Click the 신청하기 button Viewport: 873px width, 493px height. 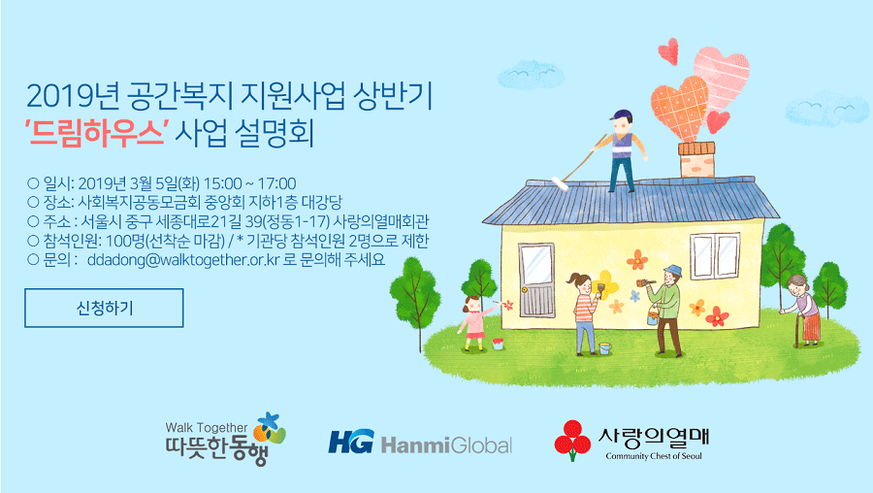click(x=104, y=308)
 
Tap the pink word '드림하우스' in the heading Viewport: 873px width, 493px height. click(x=97, y=133)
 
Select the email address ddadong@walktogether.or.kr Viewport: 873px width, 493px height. click(x=183, y=259)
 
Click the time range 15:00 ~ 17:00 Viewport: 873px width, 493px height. click(x=250, y=183)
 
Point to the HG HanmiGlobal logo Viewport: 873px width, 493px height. click(x=420, y=443)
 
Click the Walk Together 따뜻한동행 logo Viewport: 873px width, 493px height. click(x=225, y=440)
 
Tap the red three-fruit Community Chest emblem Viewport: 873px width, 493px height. click(x=572, y=440)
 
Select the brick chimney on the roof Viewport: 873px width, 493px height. click(x=696, y=159)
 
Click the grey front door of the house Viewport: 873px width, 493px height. click(x=536, y=280)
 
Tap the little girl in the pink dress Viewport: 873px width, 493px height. click(x=473, y=324)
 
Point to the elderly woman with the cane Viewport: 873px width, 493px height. click(x=804, y=311)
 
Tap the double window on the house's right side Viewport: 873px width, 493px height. click(x=716, y=255)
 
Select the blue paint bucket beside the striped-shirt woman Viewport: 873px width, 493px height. click(x=604, y=348)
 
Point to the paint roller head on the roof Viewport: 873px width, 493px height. click(x=560, y=183)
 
